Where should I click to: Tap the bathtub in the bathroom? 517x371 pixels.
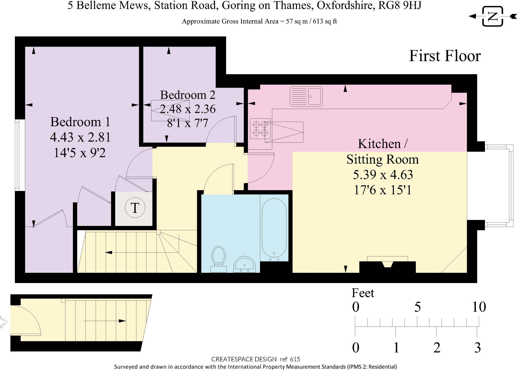coord(274,228)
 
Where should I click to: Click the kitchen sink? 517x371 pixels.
coord(306,96)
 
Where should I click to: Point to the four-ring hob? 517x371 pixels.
coord(260,128)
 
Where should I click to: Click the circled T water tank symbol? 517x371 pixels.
coord(135,208)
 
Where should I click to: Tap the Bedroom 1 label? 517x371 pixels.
coord(80,122)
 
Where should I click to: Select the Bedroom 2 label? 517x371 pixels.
coord(188,95)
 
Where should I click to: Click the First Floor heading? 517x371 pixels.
coord(445,56)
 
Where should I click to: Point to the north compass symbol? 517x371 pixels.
coord(493,16)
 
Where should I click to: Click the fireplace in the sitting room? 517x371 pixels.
coord(387,267)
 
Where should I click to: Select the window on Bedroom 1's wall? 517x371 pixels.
coord(17,155)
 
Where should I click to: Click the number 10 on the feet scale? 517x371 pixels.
coord(479,307)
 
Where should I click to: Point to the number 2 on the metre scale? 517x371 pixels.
coord(437,348)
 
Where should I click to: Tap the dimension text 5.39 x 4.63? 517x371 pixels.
coord(383,174)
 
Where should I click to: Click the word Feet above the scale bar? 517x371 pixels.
coord(363,293)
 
